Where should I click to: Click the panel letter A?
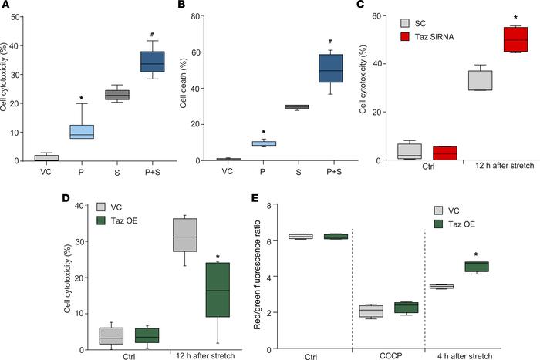(x=5, y=7)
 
